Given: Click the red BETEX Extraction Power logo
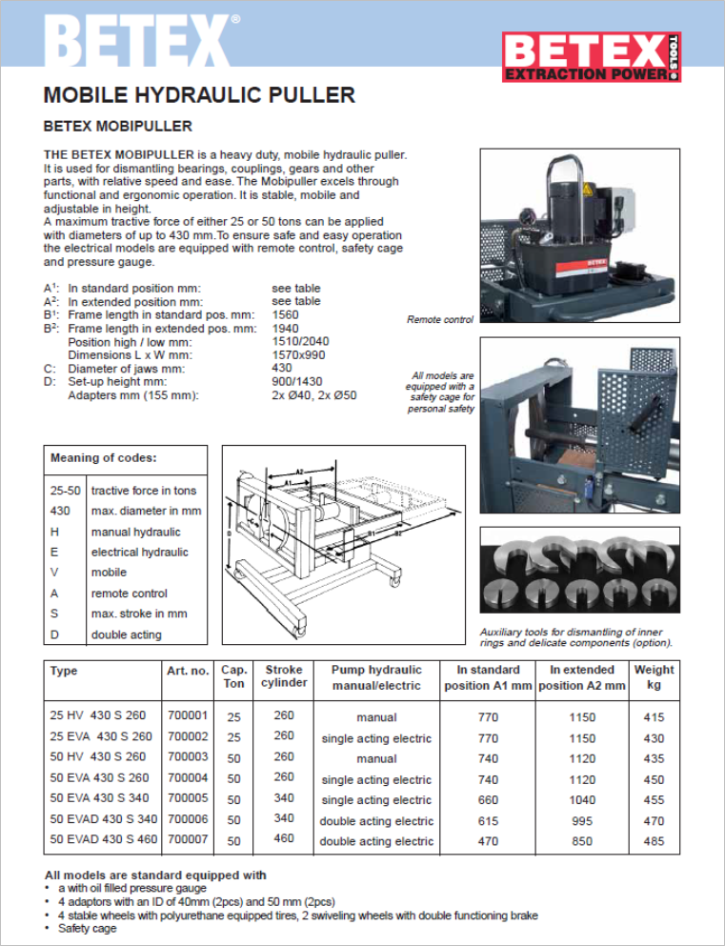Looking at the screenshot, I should tap(591, 57).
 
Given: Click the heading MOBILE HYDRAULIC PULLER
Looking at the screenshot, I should tap(199, 95).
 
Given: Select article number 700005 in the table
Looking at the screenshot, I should tap(187, 799).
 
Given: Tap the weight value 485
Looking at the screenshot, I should tap(654, 841).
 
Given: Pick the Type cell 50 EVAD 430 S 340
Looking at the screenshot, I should tap(104, 820).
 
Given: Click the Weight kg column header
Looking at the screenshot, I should tap(654, 677).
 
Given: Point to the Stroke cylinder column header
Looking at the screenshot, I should tap(285, 676).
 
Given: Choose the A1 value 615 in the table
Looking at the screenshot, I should tap(488, 820).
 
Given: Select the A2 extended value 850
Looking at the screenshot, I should tap(581, 841).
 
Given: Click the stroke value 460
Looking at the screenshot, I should tap(284, 839).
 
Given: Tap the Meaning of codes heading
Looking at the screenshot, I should tap(104, 458).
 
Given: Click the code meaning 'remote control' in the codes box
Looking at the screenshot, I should tap(130, 594).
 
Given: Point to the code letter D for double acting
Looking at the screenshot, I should tap(54, 634).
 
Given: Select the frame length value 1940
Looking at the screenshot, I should tap(285, 329).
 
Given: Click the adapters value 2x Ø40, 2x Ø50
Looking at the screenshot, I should tap(313, 394).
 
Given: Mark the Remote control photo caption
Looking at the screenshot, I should tap(439, 320).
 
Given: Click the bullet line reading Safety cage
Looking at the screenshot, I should tap(87, 928).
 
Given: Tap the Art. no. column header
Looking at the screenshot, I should tap(188, 671).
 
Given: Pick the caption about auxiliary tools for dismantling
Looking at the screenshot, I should tap(575, 637).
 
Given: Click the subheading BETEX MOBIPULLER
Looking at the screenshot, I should tap(118, 126).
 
